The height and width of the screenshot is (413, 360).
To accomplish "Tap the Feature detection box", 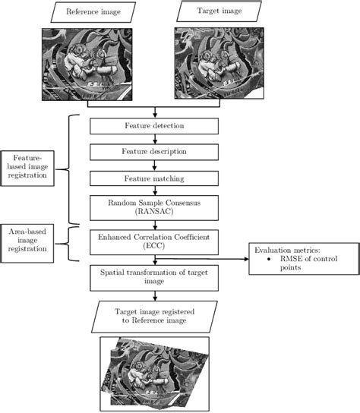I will [x=154, y=125].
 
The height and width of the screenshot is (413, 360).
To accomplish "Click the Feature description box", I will [x=154, y=151].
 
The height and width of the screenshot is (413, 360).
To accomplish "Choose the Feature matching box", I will [x=154, y=178].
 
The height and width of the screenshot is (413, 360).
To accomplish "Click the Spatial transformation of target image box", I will [x=154, y=276].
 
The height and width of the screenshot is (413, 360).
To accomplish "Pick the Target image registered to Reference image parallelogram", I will [x=153, y=316].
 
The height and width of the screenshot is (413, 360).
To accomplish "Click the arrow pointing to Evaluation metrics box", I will [x=231, y=260].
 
